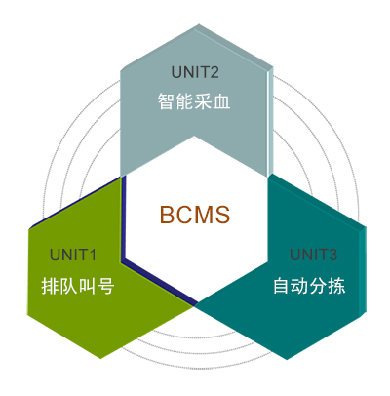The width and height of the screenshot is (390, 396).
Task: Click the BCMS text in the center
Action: click(195, 215)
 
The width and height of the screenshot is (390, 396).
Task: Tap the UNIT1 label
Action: click(73, 255)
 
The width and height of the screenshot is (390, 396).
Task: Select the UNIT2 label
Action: click(195, 72)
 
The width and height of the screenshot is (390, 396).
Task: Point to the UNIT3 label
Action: click(313, 255)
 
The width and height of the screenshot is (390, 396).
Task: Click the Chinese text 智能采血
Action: click(194, 101)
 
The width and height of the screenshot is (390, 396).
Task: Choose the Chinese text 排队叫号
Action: click(78, 286)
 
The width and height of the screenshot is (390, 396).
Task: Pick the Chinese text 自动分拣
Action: click(309, 286)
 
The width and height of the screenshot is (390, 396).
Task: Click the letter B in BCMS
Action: click(168, 215)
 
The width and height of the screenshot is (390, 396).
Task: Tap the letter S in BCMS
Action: click(223, 215)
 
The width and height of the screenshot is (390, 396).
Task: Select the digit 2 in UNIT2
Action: click(214, 72)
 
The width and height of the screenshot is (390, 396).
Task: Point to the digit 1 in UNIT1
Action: click(93, 255)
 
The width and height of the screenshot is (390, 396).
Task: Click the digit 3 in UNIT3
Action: click(332, 255)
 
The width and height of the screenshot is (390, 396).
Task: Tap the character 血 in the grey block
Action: click(222, 101)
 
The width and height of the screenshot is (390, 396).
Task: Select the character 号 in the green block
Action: click(106, 286)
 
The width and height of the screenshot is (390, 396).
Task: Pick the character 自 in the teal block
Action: click(282, 286)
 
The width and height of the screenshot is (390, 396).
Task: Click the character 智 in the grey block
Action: click(167, 101)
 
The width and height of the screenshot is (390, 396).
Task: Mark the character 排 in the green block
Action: click(50, 286)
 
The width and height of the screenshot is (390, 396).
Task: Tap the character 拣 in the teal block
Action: click(337, 286)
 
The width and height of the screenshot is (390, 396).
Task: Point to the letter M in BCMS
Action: click(204, 215)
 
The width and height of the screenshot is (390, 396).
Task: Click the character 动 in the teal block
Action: click(299, 286)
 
